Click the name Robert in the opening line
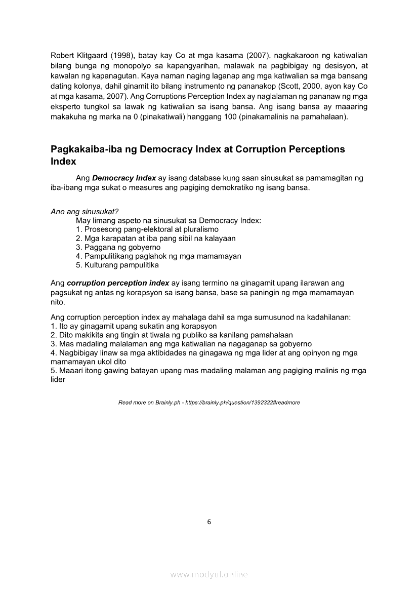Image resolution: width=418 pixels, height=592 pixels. point(63,55)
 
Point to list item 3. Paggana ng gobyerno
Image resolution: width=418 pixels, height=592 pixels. point(118,247)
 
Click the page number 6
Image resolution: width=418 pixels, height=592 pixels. point(209,522)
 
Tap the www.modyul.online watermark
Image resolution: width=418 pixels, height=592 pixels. point(209,575)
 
